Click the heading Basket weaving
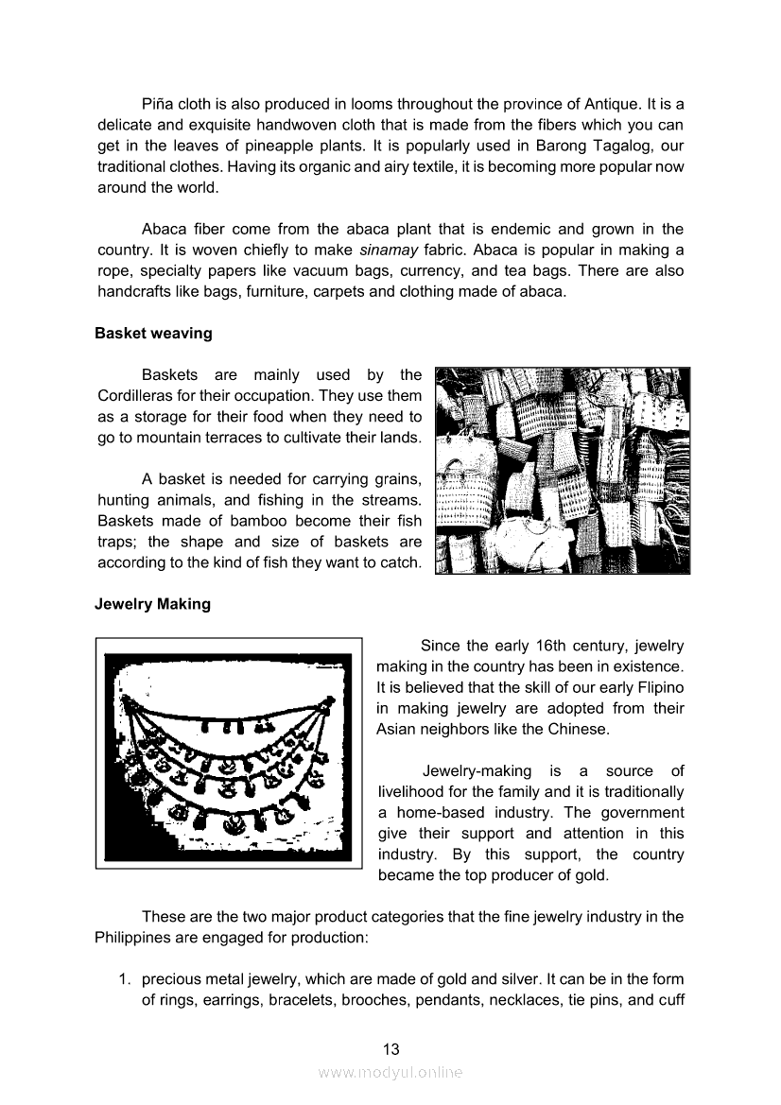153,333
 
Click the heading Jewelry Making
152,604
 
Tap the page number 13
390,1048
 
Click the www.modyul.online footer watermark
390,1072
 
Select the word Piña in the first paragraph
158,104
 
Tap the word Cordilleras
137,395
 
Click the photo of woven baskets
562,470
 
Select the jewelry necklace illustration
228,752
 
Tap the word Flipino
659,687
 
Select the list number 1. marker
124,978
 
